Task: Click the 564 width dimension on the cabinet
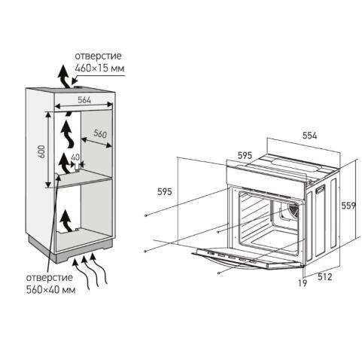coord(84,100)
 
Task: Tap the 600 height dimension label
coord(42,151)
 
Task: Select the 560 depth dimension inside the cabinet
coord(100,134)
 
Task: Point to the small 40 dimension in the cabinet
coord(75,157)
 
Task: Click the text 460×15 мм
coord(99,68)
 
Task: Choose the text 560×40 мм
coord(51,290)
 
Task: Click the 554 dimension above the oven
coord(310,136)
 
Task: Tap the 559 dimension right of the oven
coord(348,206)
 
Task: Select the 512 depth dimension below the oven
coord(325,277)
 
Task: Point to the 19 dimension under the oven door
coord(303,283)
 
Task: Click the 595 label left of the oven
coord(165,192)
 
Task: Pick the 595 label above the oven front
coord(245,156)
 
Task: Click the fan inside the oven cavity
coord(292,210)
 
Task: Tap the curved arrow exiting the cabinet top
coord(64,77)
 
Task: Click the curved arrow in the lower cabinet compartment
coord(66,221)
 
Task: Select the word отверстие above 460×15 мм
coord(98,56)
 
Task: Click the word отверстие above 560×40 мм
coord(50,278)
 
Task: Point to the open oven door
coord(248,258)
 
